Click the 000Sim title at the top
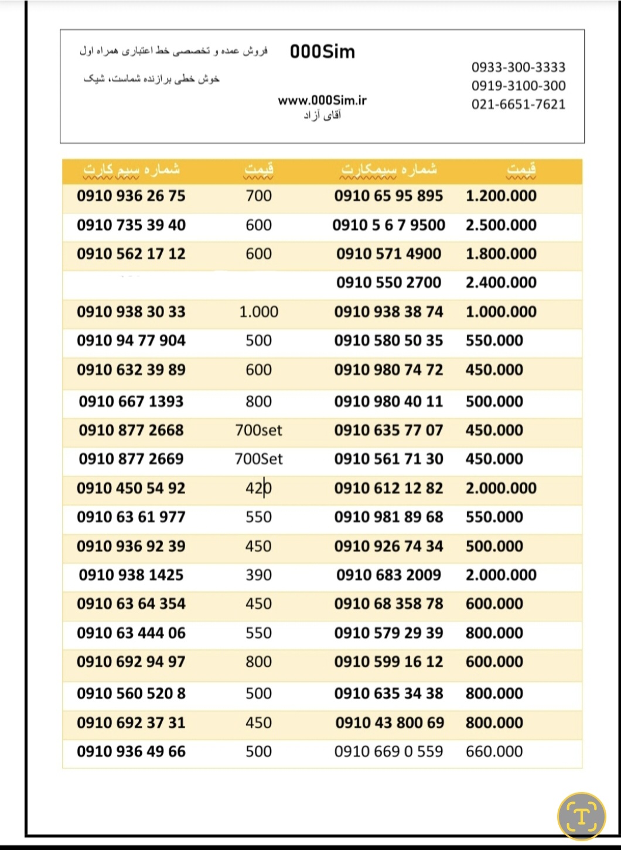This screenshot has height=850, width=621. pyautogui.click(x=322, y=52)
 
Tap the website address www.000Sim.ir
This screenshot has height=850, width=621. pyautogui.click(x=322, y=100)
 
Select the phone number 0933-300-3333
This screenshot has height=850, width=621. pyautogui.click(x=518, y=67)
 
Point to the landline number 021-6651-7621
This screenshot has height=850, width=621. pyautogui.click(x=518, y=105)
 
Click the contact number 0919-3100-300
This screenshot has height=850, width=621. pyautogui.click(x=518, y=86)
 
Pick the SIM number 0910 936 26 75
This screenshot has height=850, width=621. pyautogui.click(x=131, y=196)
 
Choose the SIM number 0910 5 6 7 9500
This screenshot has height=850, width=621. pyautogui.click(x=388, y=225)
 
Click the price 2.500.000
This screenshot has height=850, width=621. pyautogui.click(x=501, y=225)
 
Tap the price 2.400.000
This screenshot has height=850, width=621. pyautogui.click(x=501, y=283)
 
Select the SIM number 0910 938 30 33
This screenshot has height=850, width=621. pyautogui.click(x=131, y=311)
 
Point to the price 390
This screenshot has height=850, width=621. pyautogui.click(x=258, y=575)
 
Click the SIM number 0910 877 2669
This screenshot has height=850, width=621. pyautogui.click(x=131, y=459)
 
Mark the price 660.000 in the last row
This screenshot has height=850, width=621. pyautogui.click(x=494, y=751)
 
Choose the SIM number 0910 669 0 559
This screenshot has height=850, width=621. pyautogui.click(x=388, y=751)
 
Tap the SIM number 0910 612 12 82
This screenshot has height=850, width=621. pyautogui.click(x=388, y=488)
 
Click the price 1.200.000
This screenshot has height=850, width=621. pyautogui.click(x=501, y=196)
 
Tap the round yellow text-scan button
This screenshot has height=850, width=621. pyautogui.click(x=581, y=816)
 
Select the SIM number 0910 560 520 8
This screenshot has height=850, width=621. pyautogui.click(x=131, y=694)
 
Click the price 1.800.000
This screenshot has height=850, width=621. pyautogui.click(x=501, y=254)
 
